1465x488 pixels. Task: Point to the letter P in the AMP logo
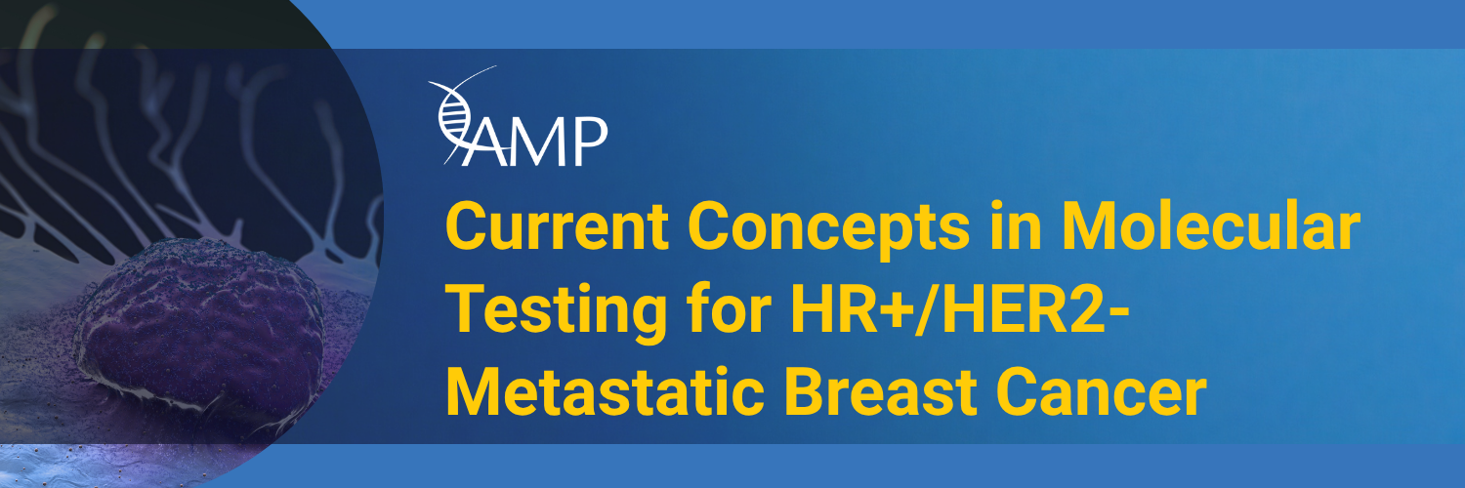click(591, 142)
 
